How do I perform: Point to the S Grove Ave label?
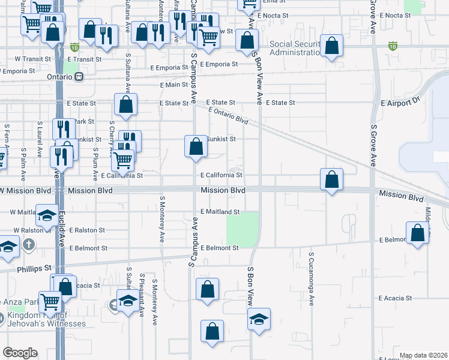(x=373, y=145)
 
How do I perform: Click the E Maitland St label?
(x=220, y=212)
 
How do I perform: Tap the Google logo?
(x=20, y=353)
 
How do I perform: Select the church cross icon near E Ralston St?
(x=29, y=244)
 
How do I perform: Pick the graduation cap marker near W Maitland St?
(x=46, y=217)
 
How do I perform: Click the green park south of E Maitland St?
(x=243, y=229)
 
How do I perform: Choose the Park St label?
(x=85, y=121)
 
